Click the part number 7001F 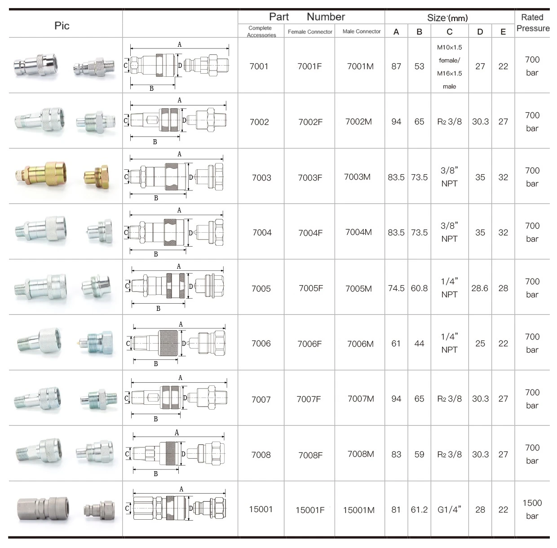click(x=309, y=66)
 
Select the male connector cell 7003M click(x=357, y=177)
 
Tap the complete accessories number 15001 click(x=261, y=509)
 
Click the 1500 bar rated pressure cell click(x=532, y=509)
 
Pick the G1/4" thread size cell click(x=449, y=509)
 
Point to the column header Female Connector click(x=310, y=32)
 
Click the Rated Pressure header click(x=533, y=23)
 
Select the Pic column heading click(x=62, y=26)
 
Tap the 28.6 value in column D click(x=480, y=288)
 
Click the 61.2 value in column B click(x=419, y=509)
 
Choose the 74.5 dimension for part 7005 click(x=396, y=288)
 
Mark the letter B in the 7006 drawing click(x=156, y=364)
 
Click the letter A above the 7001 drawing click(x=180, y=44)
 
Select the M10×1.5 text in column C click(x=449, y=48)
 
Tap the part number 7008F click(x=310, y=455)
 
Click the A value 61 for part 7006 click(x=396, y=344)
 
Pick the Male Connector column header click(x=361, y=31)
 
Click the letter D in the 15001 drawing click(x=191, y=508)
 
